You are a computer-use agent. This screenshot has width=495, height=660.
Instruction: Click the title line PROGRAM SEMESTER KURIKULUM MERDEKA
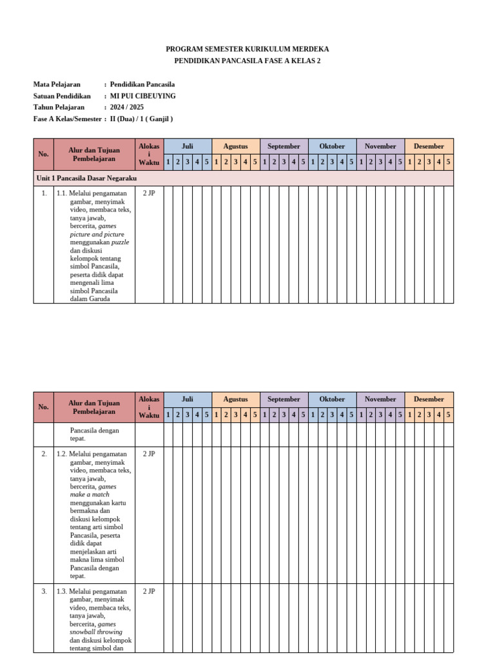pos(247,49)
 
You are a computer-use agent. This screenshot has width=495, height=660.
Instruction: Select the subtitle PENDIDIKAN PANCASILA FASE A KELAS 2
pos(247,61)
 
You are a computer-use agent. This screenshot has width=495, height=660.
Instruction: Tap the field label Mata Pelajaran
pos(57,84)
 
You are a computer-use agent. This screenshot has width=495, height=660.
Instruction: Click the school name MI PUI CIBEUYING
pos(143,96)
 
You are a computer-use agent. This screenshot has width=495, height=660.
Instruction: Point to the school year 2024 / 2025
pos(127,108)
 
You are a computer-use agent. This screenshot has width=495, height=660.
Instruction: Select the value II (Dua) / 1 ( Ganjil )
pos(142,119)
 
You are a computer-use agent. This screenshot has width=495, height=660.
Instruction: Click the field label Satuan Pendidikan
pos(62,96)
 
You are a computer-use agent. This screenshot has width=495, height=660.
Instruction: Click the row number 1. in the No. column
pos(43,193)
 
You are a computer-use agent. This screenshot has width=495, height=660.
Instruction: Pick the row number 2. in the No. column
pos(43,454)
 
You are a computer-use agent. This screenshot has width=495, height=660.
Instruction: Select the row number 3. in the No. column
pos(43,591)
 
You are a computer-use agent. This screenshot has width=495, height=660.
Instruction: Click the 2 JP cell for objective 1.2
pos(149,454)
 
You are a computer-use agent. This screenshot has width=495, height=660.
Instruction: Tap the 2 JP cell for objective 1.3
pos(149,591)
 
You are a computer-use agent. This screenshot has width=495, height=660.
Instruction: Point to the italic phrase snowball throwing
pos(96,632)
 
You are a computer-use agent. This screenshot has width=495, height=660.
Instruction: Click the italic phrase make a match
pos(90,495)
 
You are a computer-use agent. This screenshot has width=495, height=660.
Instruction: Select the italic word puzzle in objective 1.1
pos(120,242)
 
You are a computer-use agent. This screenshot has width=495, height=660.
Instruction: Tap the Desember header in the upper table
pos(429,146)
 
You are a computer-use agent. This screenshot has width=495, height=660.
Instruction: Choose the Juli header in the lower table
pos(188,400)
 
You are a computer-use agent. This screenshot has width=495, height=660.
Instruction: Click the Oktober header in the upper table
pos(332,146)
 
